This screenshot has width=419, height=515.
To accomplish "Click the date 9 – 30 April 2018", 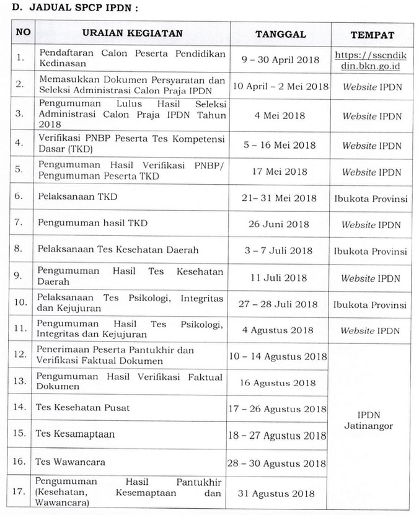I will (x=280, y=59).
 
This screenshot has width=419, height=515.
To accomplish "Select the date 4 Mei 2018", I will (x=280, y=115).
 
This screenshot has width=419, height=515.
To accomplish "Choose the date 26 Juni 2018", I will (x=280, y=224).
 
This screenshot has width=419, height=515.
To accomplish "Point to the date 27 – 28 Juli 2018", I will (x=280, y=305).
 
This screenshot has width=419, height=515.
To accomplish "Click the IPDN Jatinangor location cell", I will (x=372, y=421).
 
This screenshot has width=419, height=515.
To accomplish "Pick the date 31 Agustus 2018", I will (x=280, y=493).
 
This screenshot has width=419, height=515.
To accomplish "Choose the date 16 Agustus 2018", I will (x=280, y=382).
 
